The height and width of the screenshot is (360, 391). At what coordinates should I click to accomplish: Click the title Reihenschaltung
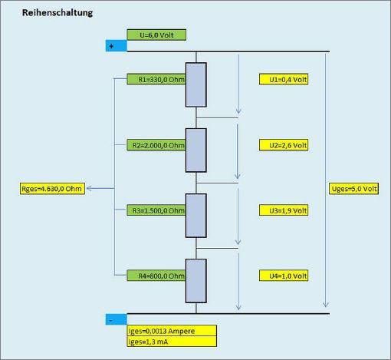(x=58, y=12)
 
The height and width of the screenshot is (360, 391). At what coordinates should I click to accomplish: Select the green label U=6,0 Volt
(x=156, y=35)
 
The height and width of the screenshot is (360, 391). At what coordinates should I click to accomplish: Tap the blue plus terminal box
(x=117, y=46)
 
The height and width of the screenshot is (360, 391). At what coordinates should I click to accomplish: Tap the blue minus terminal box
(x=117, y=319)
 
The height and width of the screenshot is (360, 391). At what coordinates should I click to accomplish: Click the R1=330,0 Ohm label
(x=156, y=79)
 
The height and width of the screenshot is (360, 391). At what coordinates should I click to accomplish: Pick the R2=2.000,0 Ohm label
(x=156, y=145)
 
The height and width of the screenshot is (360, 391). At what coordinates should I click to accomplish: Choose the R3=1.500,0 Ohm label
(x=156, y=210)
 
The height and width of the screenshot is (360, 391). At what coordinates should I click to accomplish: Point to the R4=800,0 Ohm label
(x=156, y=276)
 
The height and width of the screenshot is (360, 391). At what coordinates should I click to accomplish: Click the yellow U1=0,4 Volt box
(x=284, y=79)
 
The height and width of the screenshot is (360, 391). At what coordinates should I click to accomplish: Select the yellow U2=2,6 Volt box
(x=284, y=145)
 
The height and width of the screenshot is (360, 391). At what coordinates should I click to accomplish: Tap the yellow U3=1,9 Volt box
(x=284, y=210)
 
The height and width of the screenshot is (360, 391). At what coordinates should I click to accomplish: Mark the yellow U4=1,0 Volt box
(x=284, y=276)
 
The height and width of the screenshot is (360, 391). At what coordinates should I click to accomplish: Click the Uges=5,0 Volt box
(x=353, y=189)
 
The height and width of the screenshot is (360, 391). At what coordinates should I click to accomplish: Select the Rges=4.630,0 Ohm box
(x=52, y=189)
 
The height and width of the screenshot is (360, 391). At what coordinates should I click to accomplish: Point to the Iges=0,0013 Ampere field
(x=172, y=331)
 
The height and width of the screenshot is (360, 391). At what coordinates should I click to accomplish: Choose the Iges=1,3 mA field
(x=172, y=342)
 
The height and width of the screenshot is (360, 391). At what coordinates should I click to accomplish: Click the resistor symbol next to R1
(x=196, y=84)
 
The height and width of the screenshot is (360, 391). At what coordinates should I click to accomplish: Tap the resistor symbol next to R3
(x=196, y=216)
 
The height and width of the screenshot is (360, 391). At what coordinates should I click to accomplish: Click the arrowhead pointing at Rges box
(x=88, y=189)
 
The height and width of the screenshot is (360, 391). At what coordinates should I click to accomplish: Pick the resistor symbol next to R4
(x=196, y=281)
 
